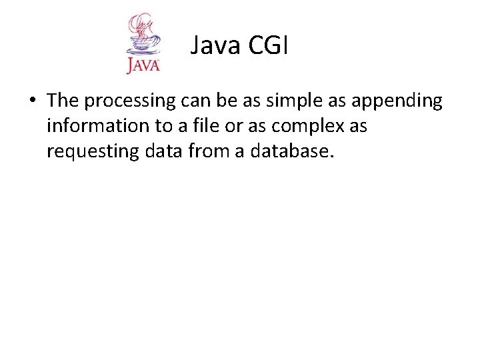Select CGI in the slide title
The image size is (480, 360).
click(269, 46)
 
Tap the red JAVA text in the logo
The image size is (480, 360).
click(143, 65)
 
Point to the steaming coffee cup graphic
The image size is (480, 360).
click(143, 37)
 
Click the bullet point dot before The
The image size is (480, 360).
click(32, 101)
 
